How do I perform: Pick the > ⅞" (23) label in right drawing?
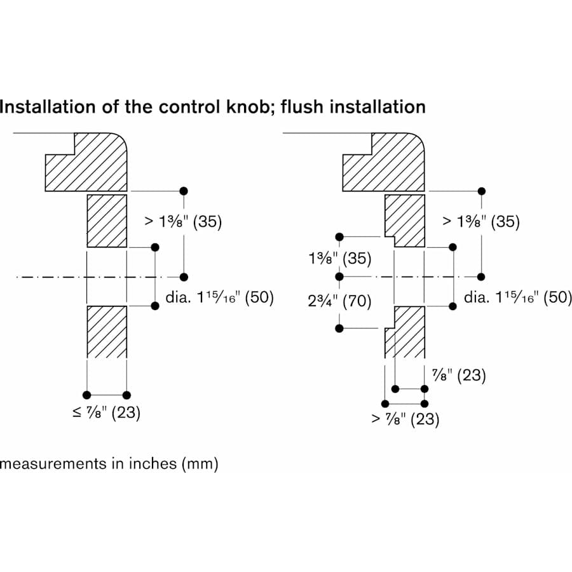pos(405,419)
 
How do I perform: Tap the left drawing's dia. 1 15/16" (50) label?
pos(220,297)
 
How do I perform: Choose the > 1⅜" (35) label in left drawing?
pos(182,222)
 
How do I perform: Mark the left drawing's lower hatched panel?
pos(107,330)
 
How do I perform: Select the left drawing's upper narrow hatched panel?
pos(107,221)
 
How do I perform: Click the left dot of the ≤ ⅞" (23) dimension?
pos(87,395)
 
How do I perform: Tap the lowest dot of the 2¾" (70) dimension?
pos(339,329)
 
